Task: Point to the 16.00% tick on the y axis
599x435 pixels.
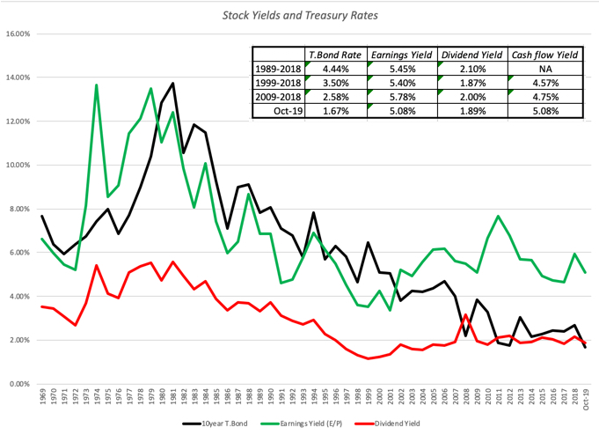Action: pos(18,34)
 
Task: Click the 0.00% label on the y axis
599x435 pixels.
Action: pos(20,384)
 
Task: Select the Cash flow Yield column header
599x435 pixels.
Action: pos(546,54)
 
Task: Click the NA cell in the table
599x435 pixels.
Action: pos(546,69)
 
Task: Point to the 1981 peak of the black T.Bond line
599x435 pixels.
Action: pos(173,84)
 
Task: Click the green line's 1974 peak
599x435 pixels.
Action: pos(96,85)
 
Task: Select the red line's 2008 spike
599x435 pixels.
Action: pos(465,315)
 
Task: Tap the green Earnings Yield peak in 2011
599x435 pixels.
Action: pos(498,216)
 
